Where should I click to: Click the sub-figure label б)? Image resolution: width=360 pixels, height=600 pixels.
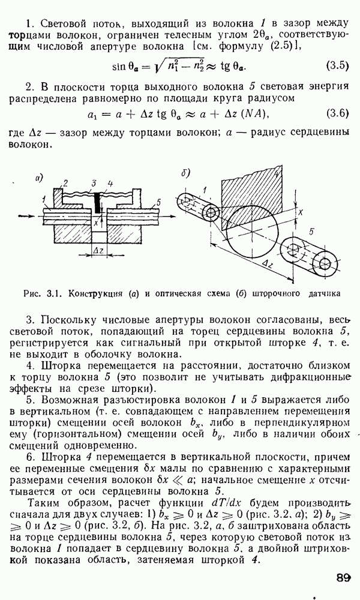[185, 174]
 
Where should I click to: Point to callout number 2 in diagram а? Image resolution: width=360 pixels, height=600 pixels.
[65, 182]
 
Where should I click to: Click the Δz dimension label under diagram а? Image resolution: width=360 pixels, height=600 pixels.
[97, 250]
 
